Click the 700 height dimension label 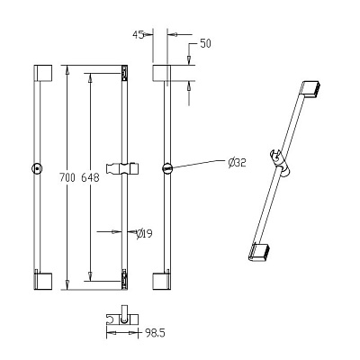67,177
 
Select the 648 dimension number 90,177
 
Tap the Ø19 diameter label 144,234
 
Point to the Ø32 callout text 237,163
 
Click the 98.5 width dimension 155,333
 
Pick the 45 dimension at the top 138,35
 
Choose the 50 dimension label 205,44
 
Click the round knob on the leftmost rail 37,168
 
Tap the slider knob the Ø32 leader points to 167,168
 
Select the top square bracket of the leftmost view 43,73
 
